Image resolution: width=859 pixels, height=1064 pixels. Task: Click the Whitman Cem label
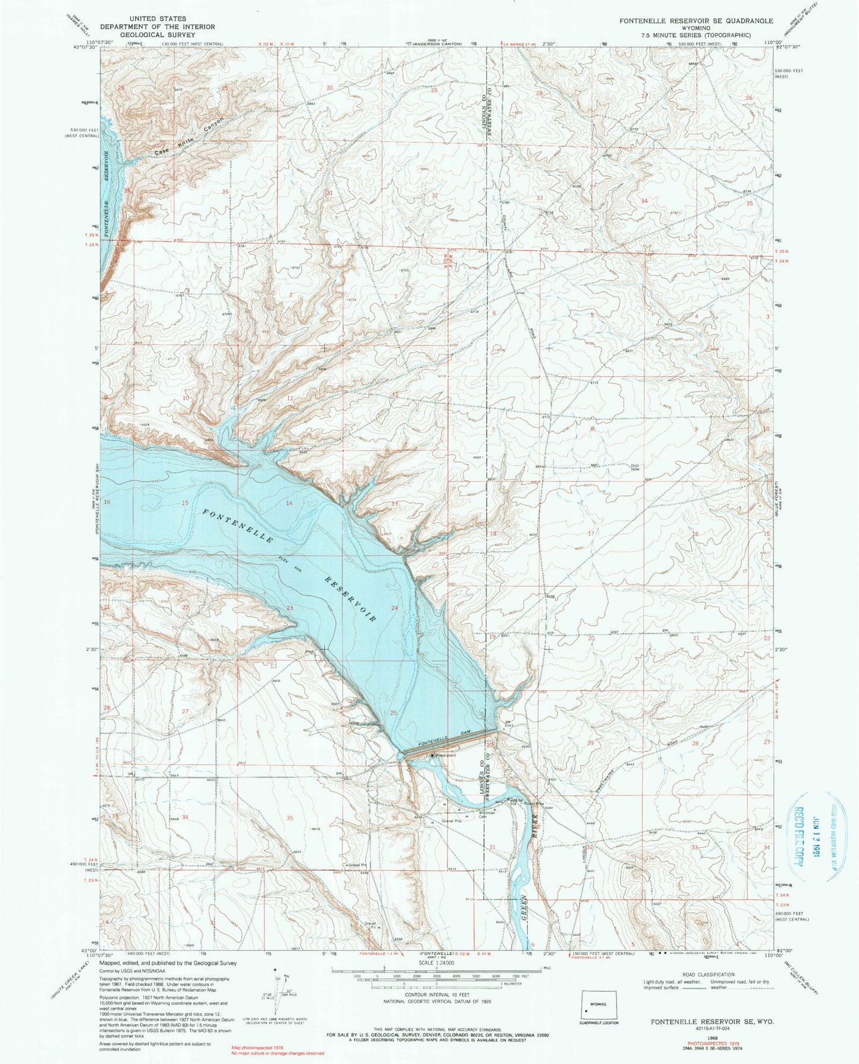click(x=471, y=815)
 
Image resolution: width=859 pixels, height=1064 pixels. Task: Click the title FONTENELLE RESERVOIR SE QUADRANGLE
click(x=696, y=21)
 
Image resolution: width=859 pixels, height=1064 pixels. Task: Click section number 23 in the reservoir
click(x=290, y=607)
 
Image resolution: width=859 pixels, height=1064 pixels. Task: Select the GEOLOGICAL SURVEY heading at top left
click(x=157, y=34)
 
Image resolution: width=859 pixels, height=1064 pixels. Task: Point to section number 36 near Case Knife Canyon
click(x=225, y=191)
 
